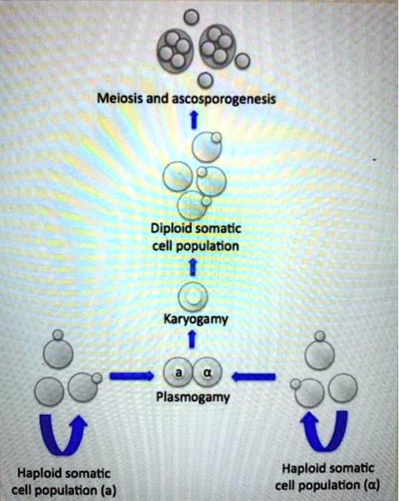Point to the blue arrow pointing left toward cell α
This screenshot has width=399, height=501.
[254, 374]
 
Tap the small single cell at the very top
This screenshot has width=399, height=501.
[190, 15]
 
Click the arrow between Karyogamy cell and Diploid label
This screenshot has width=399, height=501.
[192, 267]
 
